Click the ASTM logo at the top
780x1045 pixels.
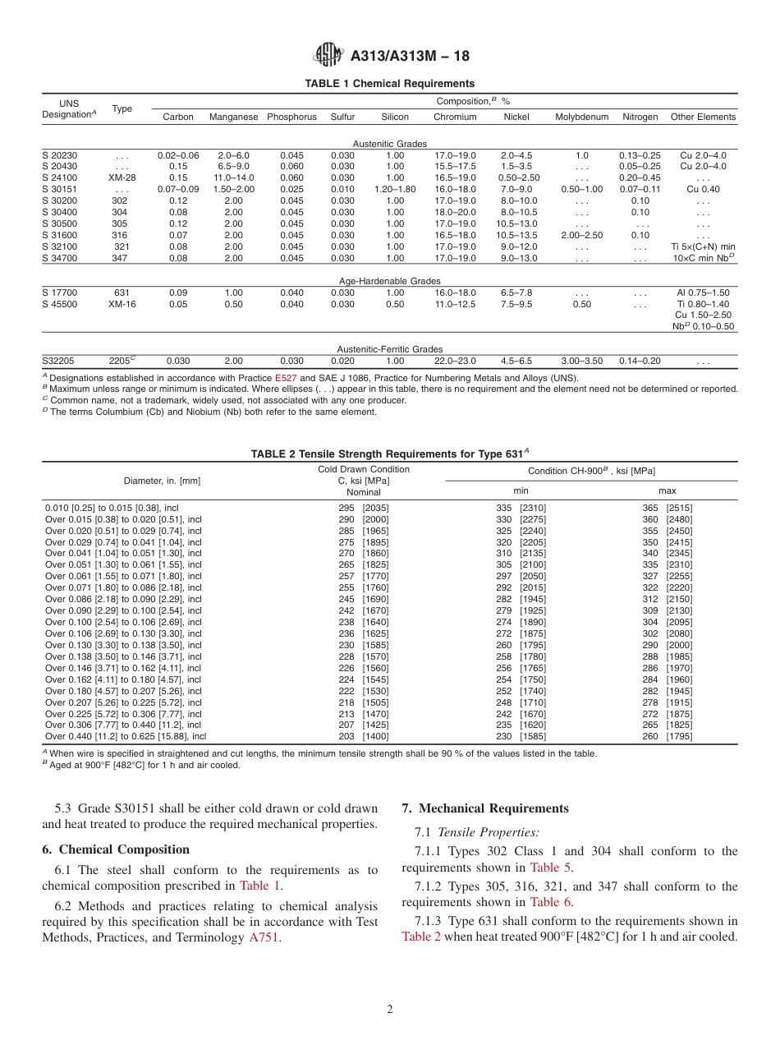click(x=328, y=56)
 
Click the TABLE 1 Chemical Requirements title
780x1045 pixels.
click(x=389, y=84)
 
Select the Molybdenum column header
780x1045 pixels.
click(x=581, y=117)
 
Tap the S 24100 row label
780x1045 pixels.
click(x=60, y=177)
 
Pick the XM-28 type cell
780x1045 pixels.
click(x=122, y=177)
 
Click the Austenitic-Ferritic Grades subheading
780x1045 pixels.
click(x=389, y=349)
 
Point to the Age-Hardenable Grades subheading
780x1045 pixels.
click(x=389, y=281)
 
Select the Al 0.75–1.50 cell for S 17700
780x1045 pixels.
click(x=703, y=292)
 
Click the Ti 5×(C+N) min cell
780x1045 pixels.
click(x=703, y=246)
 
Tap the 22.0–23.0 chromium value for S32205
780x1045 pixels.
click(x=454, y=361)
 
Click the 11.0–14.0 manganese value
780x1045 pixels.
click(x=233, y=177)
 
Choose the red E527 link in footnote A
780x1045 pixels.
click(x=286, y=379)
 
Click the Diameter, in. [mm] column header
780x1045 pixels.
click(x=162, y=481)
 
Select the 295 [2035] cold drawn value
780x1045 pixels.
click(x=364, y=508)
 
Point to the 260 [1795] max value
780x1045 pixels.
click(x=667, y=737)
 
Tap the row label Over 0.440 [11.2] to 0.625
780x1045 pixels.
click(x=126, y=737)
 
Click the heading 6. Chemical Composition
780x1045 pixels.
click(x=116, y=849)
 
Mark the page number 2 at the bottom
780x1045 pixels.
click(x=390, y=1010)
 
